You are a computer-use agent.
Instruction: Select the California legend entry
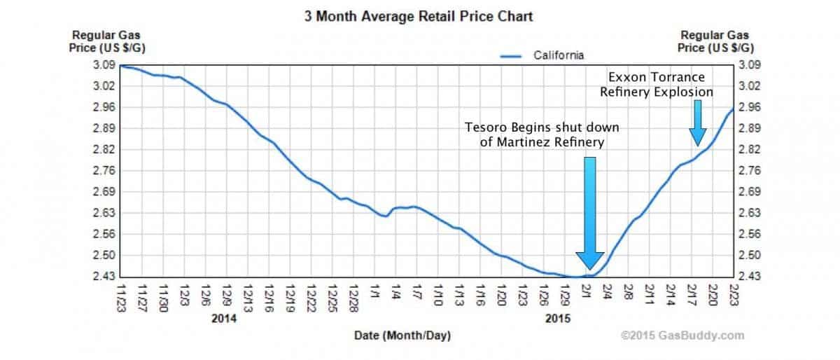tap(559, 55)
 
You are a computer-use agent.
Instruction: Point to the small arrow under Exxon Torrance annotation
tap(697, 123)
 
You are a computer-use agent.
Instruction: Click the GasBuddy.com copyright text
tap(682, 336)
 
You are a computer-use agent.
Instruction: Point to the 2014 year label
tap(223, 319)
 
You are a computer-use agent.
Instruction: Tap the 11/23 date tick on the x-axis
tap(122, 293)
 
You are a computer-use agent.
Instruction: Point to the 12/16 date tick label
tap(269, 293)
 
